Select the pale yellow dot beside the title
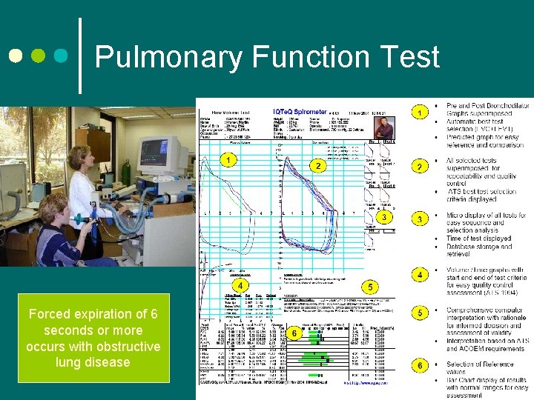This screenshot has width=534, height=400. [x=14, y=56]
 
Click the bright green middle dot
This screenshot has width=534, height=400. [x=39, y=56]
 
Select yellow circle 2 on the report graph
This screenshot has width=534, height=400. [x=317, y=166]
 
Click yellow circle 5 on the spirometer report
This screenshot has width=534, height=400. [x=369, y=286]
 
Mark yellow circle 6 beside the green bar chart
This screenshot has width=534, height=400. [x=295, y=334]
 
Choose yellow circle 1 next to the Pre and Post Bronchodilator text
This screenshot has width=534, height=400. [x=421, y=113]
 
